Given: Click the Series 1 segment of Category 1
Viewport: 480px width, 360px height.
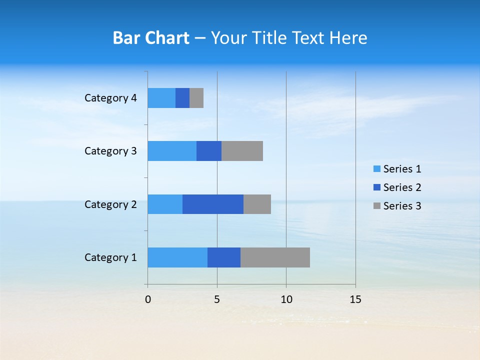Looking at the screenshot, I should click(177, 257).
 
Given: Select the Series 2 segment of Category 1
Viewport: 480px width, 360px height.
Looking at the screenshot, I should click(224, 257).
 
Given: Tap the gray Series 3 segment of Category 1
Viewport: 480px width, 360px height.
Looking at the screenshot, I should click(275, 257).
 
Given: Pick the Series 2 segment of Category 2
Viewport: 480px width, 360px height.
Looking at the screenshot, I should click(213, 204).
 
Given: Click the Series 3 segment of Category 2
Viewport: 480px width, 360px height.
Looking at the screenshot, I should click(257, 204).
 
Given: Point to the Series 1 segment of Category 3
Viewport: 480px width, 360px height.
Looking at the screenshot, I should click(172, 151).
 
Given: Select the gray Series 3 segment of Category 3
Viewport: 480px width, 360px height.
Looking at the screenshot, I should click(242, 151).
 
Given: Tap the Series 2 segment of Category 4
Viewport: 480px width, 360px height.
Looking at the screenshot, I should click(182, 98).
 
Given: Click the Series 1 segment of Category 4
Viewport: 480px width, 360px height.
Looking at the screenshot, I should click(161, 98).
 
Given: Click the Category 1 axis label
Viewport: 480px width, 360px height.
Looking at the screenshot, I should click(110, 257).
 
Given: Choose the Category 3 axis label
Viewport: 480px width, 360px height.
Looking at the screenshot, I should click(110, 151).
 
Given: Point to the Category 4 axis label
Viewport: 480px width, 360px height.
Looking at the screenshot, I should click(110, 98).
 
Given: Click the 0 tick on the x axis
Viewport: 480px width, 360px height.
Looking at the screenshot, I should click(148, 299).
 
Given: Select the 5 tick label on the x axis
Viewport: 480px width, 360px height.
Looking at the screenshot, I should click(217, 299).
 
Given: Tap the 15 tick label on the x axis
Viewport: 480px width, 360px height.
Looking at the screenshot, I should click(355, 299).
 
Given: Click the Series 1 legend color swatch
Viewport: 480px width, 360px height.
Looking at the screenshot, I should click(376, 169).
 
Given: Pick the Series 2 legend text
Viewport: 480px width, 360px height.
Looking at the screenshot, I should click(402, 187).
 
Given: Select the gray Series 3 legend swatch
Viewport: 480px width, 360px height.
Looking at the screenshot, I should click(376, 206).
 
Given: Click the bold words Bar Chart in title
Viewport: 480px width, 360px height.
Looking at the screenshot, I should click(151, 38).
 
